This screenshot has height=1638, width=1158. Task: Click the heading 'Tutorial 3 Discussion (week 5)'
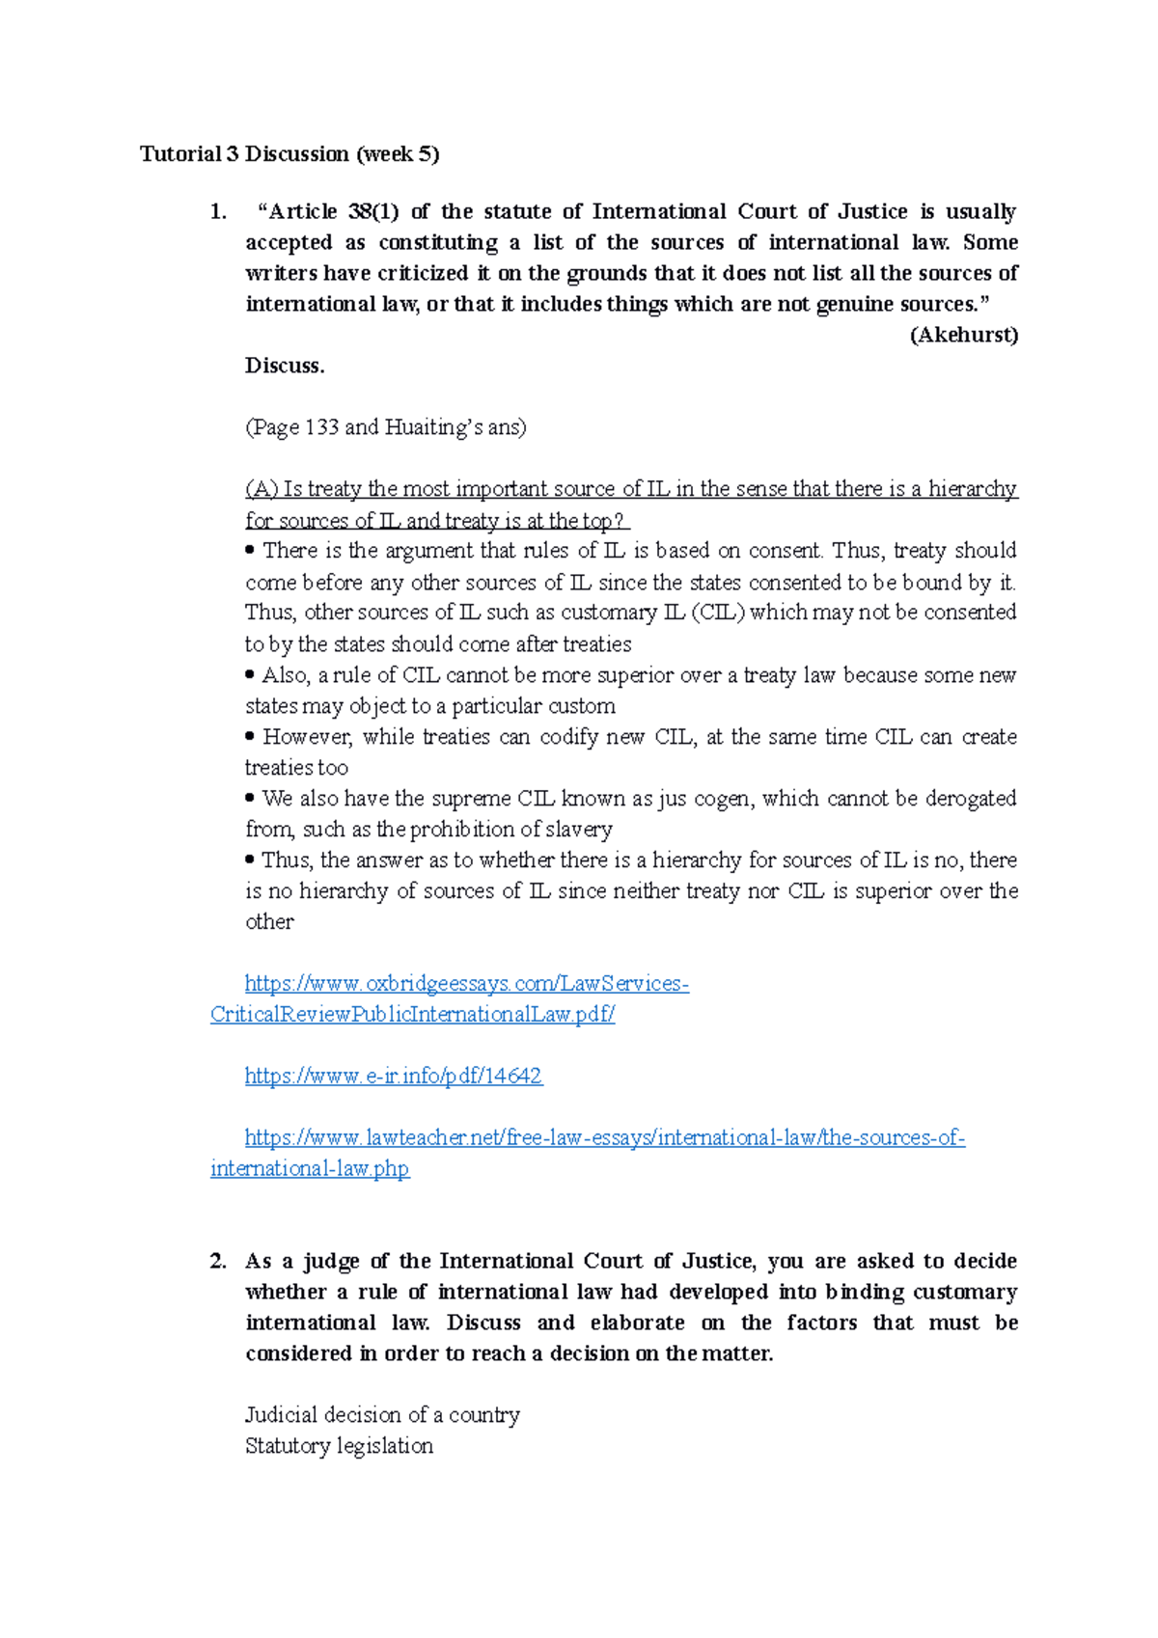click(289, 154)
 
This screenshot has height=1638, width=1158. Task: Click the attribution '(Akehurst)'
click(963, 336)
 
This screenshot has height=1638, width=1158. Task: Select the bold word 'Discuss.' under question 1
click(285, 366)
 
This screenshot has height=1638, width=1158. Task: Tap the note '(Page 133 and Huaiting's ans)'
click(385, 427)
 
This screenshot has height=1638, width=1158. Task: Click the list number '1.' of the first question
click(218, 212)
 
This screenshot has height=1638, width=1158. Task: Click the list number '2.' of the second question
click(218, 1261)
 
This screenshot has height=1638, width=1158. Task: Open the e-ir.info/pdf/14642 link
click(393, 1076)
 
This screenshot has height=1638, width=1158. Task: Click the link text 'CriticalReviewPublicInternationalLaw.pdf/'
click(412, 1014)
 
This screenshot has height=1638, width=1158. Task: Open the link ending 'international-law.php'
click(309, 1168)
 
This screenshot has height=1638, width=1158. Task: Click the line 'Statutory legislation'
click(339, 1446)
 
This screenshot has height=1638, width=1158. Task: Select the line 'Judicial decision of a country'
click(382, 1415)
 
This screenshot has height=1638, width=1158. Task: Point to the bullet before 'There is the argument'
click(250, 551)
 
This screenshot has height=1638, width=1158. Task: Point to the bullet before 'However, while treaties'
click(250, 736)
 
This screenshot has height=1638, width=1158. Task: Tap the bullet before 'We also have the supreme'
click(250, 798)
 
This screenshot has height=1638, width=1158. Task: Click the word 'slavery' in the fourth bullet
click(580, 830)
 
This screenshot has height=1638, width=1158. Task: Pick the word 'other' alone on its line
click(269, 922)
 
